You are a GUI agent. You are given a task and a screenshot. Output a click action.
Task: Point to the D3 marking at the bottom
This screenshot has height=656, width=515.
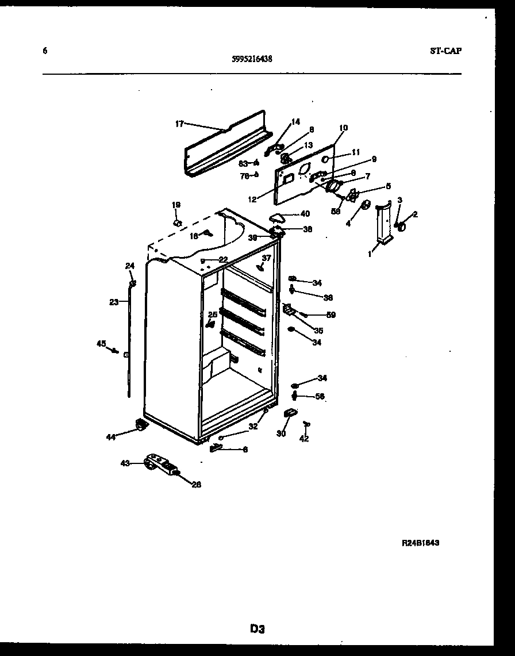point(257,629)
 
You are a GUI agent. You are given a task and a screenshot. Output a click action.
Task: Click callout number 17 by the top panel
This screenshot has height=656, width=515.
point(179,123)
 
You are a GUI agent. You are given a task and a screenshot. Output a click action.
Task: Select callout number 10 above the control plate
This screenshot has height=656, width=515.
point(343,128)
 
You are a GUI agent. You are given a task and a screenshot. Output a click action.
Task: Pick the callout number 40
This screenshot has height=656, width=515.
point(304,214)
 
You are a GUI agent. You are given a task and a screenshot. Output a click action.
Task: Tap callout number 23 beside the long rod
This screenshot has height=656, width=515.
point(114,301)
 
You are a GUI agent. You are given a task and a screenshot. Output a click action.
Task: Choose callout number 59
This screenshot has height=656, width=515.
point(331,314)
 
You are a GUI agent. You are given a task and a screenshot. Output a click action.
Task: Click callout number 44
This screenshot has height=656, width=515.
point(111,437)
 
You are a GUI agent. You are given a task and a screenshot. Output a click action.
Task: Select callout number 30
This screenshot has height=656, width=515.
point(281,434)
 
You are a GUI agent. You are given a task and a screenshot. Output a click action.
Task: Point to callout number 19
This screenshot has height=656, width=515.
point(176,205)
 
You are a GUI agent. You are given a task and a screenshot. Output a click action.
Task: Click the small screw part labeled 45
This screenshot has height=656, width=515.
point(116,350)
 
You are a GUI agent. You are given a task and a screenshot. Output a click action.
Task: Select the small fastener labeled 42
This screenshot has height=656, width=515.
point(306,424)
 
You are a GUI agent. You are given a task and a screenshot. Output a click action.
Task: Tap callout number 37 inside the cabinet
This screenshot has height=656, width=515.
point(266,258)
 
